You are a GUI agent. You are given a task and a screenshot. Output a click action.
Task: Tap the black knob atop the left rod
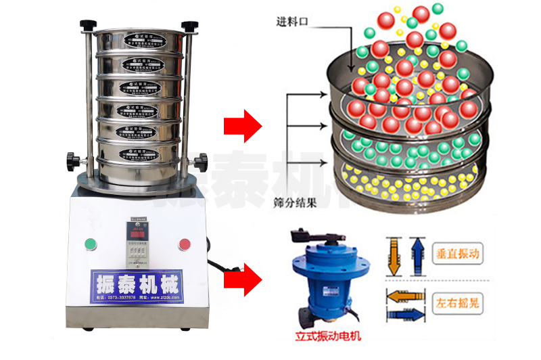pyautogui.click(x=88, y=25)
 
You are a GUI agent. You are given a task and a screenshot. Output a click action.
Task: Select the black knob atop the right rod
pyautogui.click(x=191, y=25)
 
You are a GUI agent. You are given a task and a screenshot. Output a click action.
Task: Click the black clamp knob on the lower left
pyautogui.click(x=72, y=162)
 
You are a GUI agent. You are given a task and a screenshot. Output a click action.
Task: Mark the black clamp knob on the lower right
pyautogui.click(x=200, y=162)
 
